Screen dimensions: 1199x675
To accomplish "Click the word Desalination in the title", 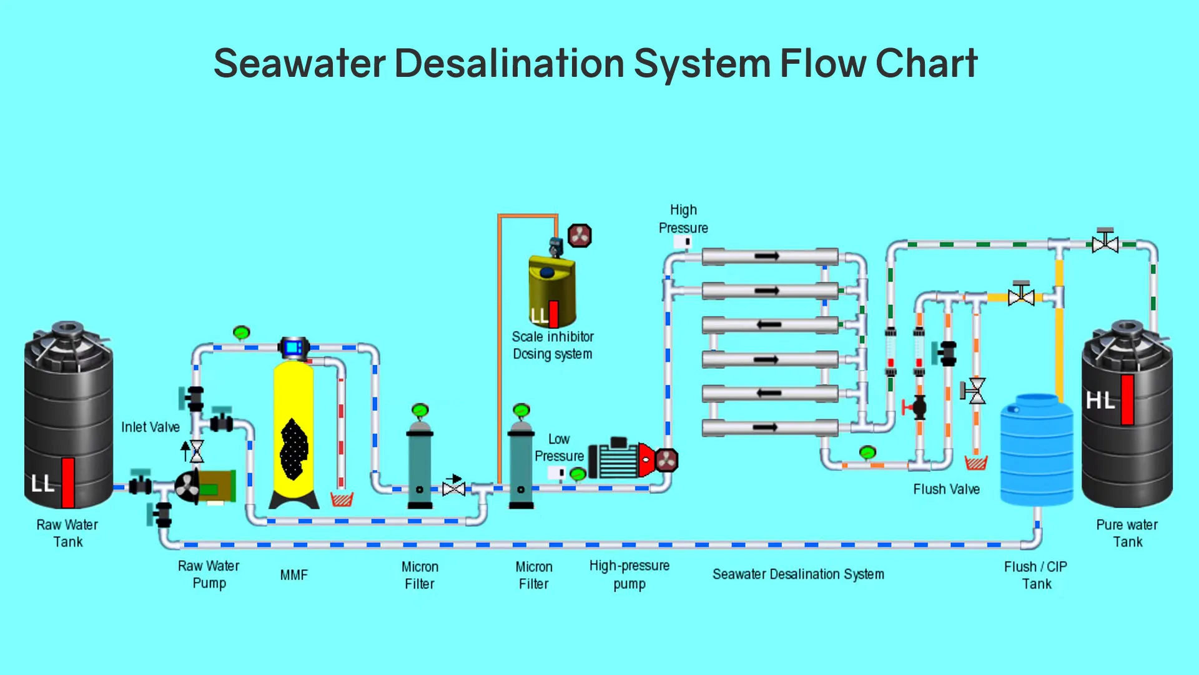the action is [509, 63].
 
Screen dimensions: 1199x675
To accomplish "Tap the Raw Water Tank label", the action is [67, 533].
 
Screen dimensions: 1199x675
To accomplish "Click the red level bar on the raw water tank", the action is [68, 482].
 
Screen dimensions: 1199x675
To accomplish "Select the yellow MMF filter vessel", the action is [294, 431].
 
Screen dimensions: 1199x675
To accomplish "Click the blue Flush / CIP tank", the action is [1037, 449].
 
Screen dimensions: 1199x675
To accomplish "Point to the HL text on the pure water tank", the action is [1100, 401].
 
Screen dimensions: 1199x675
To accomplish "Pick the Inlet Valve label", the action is [150, 427].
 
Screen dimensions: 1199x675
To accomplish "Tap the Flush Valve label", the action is [947, 489].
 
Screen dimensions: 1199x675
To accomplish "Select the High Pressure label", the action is [683, 219].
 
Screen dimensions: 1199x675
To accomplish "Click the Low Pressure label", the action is [559, 447].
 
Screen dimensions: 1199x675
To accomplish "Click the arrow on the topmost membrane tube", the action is [767, 256].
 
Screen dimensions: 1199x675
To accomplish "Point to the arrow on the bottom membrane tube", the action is [765, 427].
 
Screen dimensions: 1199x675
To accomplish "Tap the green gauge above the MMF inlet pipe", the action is [242, 332].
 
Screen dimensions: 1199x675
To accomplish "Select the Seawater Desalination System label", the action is [798, 574].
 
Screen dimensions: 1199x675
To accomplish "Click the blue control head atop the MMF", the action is [294, 348].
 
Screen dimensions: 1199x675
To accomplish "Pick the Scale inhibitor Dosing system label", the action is [553, 346].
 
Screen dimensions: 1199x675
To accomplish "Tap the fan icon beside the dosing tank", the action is [580, 236].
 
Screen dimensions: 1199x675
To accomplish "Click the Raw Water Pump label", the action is [209, 574].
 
